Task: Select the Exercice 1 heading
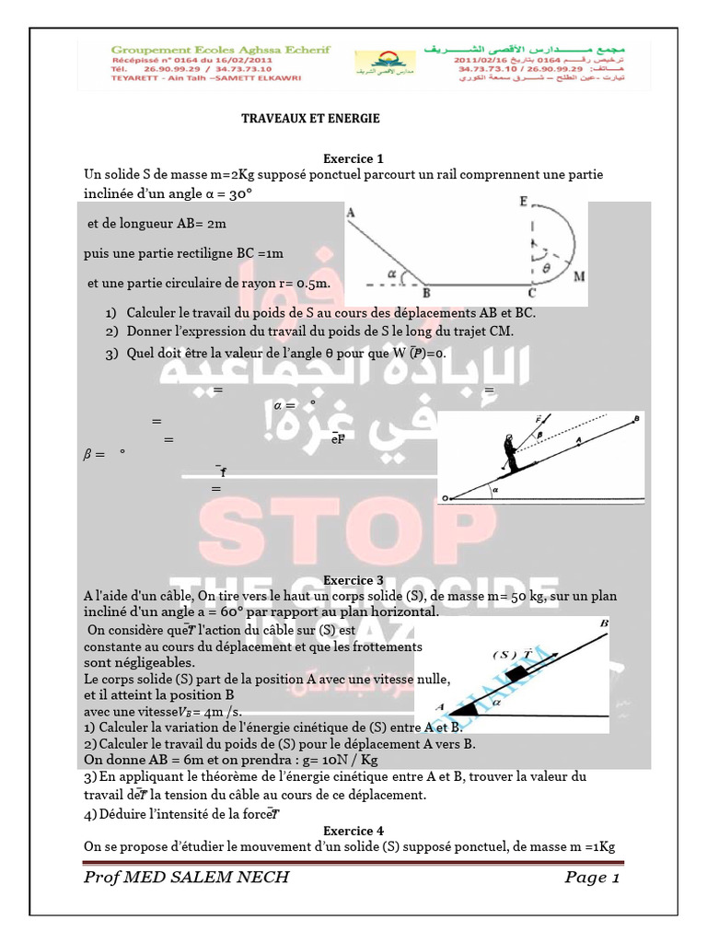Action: [x=353, y=158]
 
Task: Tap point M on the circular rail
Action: [x=577, y=275]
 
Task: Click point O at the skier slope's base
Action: [x=446, y=498]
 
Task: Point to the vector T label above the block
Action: [x=527, y=655]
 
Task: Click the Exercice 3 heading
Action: [x=353, y=580]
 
